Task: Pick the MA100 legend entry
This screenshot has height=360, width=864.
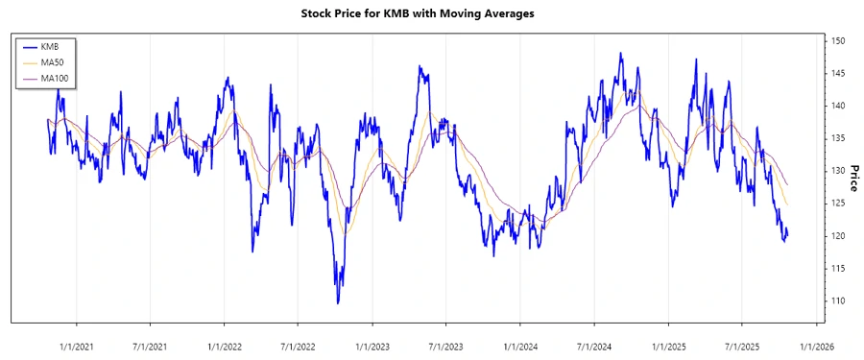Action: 54,77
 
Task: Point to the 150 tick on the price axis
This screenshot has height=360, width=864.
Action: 837,41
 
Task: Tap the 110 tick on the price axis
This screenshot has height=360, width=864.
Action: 837,301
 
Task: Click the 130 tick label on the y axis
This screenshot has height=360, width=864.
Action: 837,171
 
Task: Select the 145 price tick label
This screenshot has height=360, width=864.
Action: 837,74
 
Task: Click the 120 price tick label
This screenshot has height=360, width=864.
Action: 837,236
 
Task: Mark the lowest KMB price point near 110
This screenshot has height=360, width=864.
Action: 338,303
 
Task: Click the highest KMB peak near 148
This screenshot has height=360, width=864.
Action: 620,54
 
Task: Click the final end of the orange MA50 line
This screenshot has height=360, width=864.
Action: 787,205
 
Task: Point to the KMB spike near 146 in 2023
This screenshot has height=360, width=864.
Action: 420,67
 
